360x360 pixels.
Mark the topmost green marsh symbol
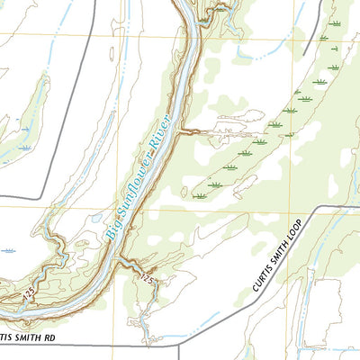coord(335,23)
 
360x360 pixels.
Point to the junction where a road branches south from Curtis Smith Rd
coord(179,346)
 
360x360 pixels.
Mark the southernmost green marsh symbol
coord(195,193)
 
